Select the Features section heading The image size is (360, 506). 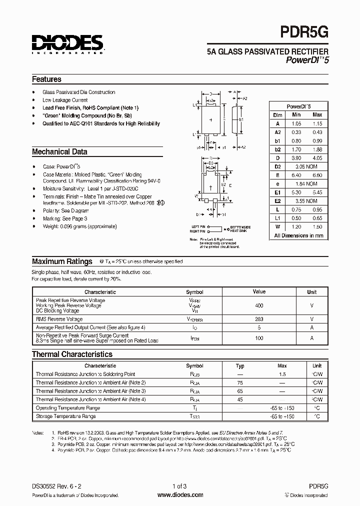(x=46, y=79)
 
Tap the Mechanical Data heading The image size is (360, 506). (x=59, y=151)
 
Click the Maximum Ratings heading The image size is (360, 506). (x=62, y=261)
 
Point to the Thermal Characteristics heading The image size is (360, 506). (x=72, y=354)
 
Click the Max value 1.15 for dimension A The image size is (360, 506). (x=317, y=123)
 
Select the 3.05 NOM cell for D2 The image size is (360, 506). (x=304, y=165)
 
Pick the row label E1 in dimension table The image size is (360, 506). (x=277, y=192)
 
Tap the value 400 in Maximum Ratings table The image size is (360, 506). (x=259, y=305)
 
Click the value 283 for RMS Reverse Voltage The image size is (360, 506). (x=259, y=319)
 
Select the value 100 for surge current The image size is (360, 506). (x=259, y=338)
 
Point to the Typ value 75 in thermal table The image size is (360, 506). (x=240, y=382)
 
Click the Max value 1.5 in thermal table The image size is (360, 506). (x=282, y=374)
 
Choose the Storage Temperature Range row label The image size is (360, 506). (x=65, y=416)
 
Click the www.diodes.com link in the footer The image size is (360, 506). (x=180, y=495)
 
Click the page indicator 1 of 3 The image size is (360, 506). (x=179, y=486)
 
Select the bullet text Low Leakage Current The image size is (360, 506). (x=65, y=100)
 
